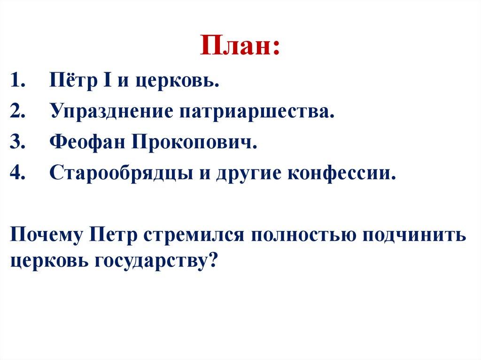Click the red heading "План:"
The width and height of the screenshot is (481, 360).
click(240, 46)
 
